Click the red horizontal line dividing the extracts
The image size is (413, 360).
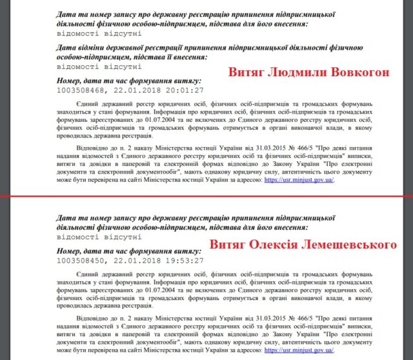click(x=206, y=196)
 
